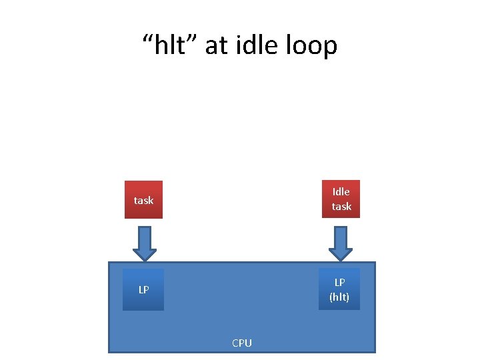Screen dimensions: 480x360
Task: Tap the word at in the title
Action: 217,45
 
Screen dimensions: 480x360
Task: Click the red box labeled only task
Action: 143,199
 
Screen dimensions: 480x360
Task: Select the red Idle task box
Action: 341,199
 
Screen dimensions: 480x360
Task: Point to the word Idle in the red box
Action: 341,191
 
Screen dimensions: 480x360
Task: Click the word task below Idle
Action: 341,207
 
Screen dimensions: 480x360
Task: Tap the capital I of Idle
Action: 334,191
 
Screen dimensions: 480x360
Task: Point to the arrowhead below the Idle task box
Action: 341,254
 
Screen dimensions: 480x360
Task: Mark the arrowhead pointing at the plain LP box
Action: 144,254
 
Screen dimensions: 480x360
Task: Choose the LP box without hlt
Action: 143,289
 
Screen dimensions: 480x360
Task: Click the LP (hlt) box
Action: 339,289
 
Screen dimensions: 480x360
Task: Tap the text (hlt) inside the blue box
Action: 339,297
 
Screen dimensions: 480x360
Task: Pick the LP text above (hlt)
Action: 339,282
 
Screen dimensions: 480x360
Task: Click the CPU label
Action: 242,343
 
